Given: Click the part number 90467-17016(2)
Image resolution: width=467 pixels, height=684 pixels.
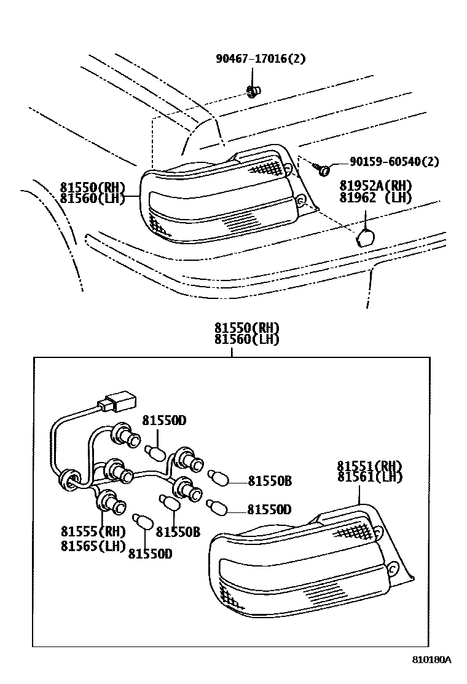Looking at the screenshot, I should pos(260,59).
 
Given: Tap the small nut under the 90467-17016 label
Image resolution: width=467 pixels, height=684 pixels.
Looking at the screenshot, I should pos(252,92).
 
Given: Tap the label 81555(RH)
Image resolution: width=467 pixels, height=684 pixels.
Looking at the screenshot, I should pos(93,532).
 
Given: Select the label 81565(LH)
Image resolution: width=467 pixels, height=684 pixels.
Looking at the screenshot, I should pos(93,545).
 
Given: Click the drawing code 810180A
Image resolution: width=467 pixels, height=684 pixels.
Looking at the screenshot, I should pos(431,660).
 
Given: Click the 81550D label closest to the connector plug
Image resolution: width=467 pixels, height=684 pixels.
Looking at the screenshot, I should pos(165,421).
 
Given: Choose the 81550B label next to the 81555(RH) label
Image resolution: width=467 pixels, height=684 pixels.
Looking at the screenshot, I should pos(178,532).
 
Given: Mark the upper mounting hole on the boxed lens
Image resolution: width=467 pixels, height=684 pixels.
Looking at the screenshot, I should pos(377,532).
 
